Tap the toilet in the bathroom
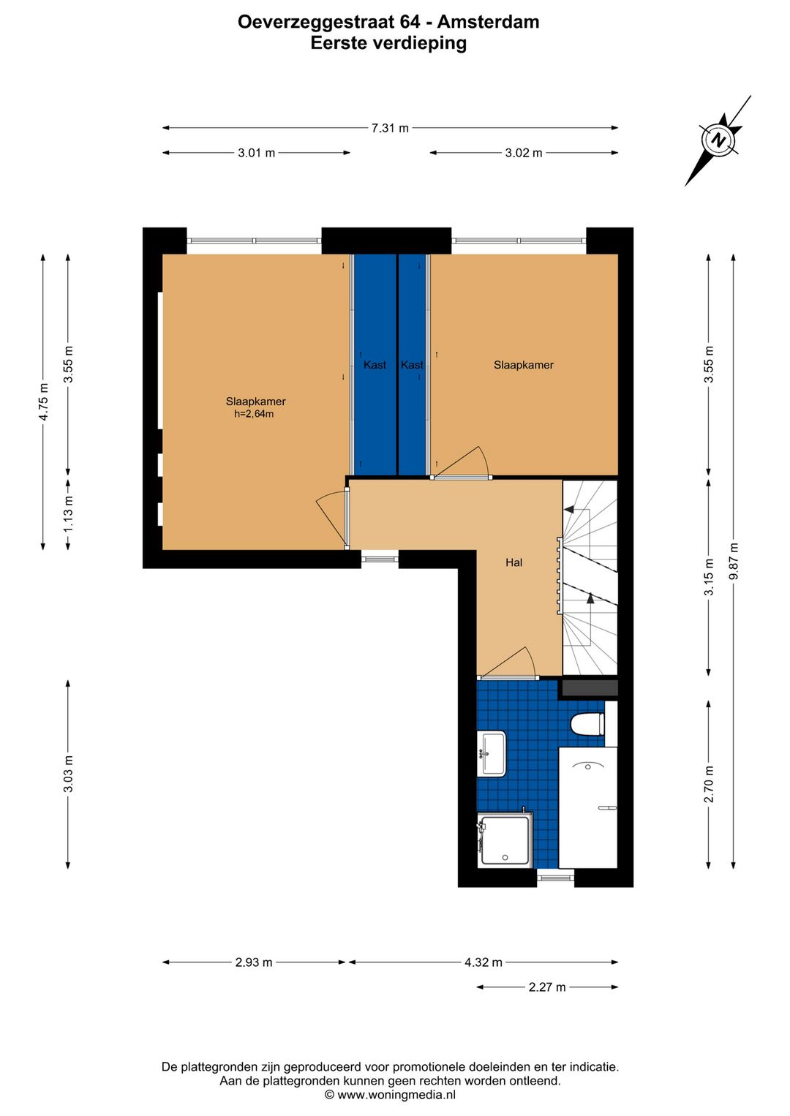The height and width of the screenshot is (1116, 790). point(587,724)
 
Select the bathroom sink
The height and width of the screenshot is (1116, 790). point(492,753)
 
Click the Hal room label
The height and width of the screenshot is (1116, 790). point(514,562)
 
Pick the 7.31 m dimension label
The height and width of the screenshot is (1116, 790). point(390,128)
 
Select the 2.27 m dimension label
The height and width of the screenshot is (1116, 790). point(546,987)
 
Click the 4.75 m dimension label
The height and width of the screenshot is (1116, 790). point(43,401)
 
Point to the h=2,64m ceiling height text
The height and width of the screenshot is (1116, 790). point(254,413)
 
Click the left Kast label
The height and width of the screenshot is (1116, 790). point(375,365)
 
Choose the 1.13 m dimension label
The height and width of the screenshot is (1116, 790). point(68,513)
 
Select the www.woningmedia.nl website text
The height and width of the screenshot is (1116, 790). point(396,1095)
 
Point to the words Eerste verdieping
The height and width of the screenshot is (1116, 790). point(388,43)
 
